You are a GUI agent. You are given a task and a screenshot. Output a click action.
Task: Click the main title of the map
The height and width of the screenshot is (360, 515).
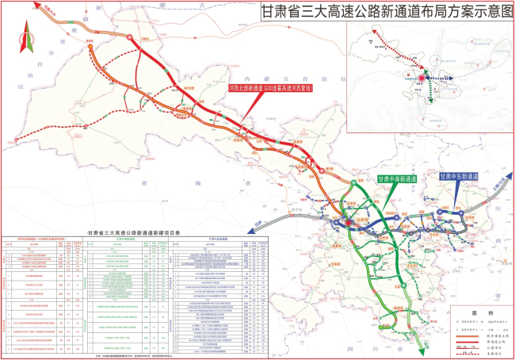pyautogui.click(x=387, y=13)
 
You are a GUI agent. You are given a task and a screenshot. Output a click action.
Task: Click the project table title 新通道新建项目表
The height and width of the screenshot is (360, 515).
pyautogui.click(x=134, y=230)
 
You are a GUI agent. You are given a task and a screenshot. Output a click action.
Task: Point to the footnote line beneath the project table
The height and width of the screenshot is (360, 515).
pyautogui.click(x=134, y=355)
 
